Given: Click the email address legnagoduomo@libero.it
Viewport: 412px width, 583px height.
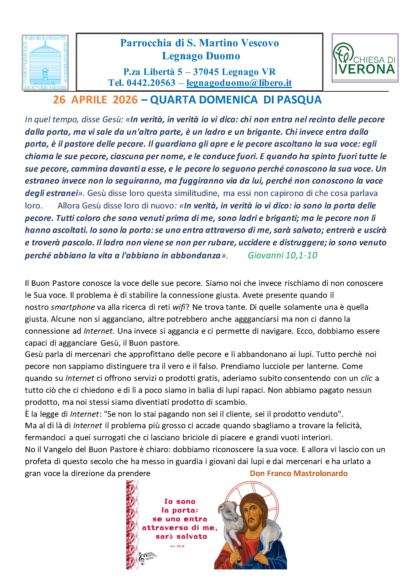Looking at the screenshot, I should tap(239, 83).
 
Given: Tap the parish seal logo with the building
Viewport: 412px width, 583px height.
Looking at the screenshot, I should tap(45, 62).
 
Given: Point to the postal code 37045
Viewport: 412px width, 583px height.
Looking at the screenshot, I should tap(206, 72).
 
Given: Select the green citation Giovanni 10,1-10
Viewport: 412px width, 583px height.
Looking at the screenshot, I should tap(282, 255).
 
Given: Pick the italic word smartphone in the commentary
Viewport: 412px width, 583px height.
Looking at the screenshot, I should tap(73, 307).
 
